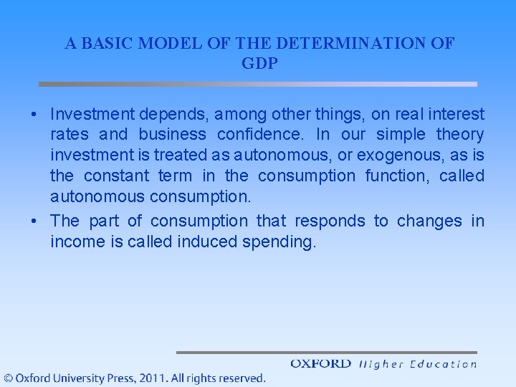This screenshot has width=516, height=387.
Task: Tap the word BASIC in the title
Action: coord(107,43)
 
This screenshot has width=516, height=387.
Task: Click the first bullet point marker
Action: coord(34,115)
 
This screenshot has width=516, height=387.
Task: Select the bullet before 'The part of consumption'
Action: coord(34,221)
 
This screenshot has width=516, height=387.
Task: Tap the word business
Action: coord(173,135)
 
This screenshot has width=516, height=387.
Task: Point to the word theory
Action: coord(460,135)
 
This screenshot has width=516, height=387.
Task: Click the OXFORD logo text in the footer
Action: coord(320,364)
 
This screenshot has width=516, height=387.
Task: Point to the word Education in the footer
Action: coord(443,364)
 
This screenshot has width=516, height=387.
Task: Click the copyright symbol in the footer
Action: coord(8,378)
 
